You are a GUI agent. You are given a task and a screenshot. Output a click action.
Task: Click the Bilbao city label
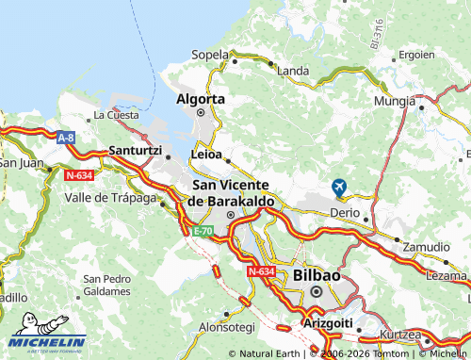pos(317,274)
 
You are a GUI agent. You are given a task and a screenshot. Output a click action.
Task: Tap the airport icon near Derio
pos(339,188)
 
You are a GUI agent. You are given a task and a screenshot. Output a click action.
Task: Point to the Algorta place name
pos(201,98)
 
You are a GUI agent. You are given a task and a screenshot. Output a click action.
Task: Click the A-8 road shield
pos(65,138)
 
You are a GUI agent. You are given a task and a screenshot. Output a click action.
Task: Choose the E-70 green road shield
pos(203,230)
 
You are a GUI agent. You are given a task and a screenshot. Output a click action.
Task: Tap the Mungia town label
pos(393,99)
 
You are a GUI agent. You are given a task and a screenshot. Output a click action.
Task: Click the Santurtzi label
pos(136,150)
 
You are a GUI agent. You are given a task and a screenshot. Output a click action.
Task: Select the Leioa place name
pos(206,153)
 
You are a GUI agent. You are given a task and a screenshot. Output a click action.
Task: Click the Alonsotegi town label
pos(227,326)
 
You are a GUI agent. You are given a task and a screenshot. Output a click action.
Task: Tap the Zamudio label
pos(426,246)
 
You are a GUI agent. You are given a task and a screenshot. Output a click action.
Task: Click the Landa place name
pos(293,71)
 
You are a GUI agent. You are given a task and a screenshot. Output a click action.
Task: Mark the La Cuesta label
pos(116,115)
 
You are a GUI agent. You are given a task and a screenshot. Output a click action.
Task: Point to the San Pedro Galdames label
pos(106,285)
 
